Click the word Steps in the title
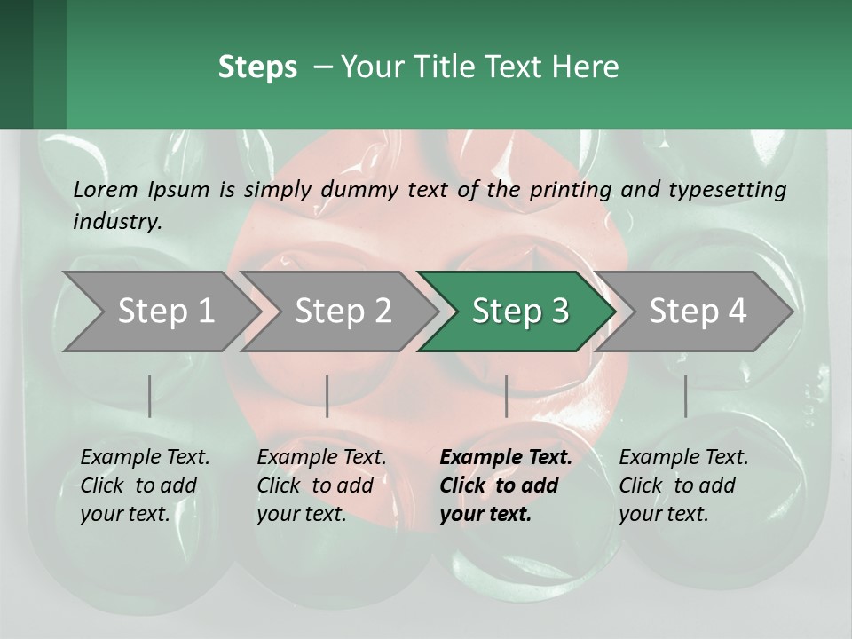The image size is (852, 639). coord(257,67)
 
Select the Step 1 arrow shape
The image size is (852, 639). coord(160,312)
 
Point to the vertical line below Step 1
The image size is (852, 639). coord(149,396)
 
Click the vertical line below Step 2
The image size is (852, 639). coord(327,396)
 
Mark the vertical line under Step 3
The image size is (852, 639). coord(506,396)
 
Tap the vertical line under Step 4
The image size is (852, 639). coord(685,396)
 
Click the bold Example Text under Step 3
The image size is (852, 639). coord(505,485)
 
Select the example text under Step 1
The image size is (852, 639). coord(145,485)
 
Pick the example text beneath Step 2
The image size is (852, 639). coord(321,485)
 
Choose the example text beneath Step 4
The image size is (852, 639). coord(683,485)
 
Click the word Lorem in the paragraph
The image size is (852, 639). coord(105,189)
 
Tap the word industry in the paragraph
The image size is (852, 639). coord(116,222)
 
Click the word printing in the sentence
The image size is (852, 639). coord(571,189)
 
